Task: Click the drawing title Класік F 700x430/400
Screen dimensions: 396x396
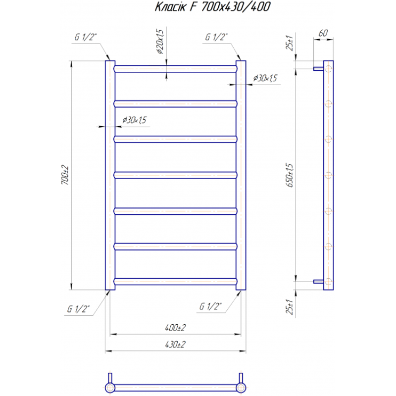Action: (x=212, y=7)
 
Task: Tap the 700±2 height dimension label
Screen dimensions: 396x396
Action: (x=65, y=175)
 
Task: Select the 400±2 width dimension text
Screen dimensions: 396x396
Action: (x=175, y=328)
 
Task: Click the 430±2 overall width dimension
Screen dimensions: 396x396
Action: (x=175, y=344)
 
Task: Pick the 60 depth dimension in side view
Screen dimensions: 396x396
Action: (x=323, y=33)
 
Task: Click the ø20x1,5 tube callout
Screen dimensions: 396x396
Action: (x=160, y=42)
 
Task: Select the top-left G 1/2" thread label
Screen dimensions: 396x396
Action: (x=86, y=37)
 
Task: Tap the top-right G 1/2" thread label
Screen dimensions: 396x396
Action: (x=216, y=37)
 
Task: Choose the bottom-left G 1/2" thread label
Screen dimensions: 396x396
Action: (x=78, y=309)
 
